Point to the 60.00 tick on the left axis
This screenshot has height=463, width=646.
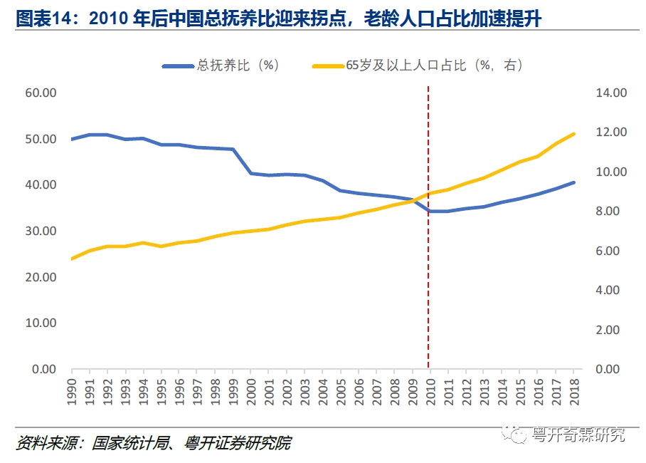41,93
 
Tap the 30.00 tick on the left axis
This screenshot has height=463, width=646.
41,231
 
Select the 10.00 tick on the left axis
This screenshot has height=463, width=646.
41,323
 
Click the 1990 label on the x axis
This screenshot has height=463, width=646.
72,390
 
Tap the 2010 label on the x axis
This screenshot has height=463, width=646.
430,390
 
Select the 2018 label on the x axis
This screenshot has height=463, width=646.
573,390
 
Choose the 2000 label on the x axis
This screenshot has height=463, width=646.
250,390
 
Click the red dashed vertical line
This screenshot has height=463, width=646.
428,285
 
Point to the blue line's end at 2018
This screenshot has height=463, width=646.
573,182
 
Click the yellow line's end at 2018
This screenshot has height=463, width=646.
573,134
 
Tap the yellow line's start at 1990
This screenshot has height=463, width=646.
72,259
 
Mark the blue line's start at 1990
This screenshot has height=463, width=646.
72,139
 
